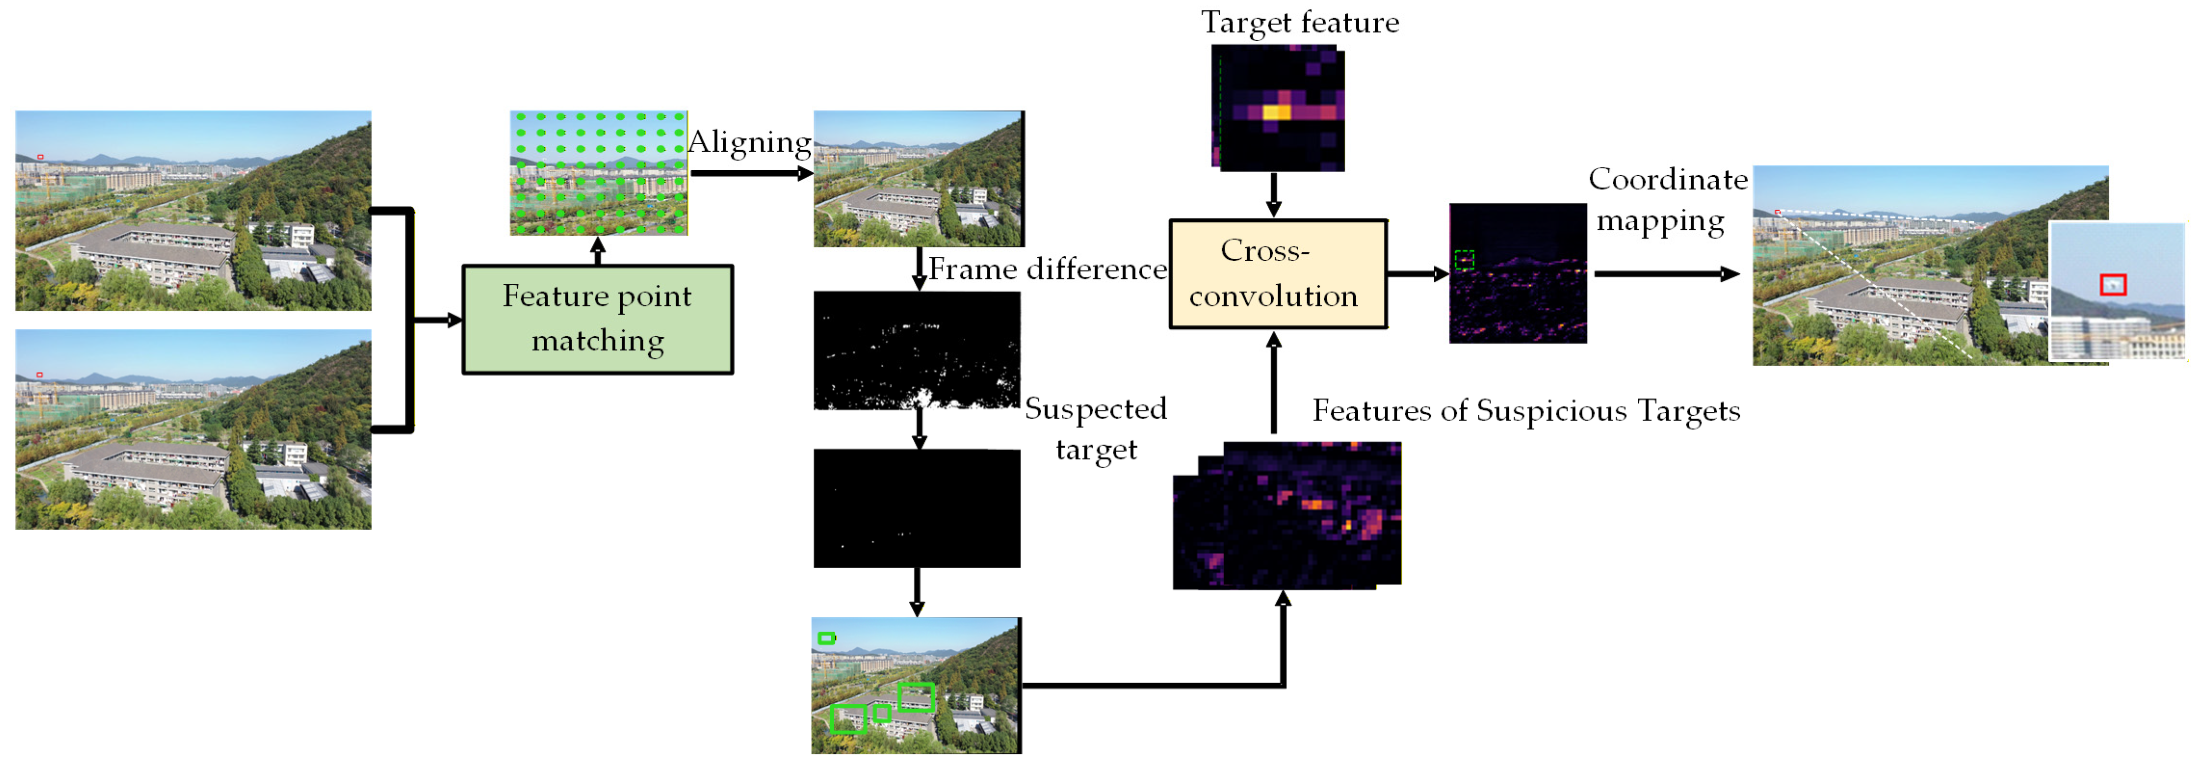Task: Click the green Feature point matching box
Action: pyautogui.click(x=597, y=319)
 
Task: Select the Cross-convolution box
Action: pyautogui.click(x=1278, y=273)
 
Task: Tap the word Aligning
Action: pyautogui.click(x=750, y=142)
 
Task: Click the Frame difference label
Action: pyautogui.click(x=1047, y=269)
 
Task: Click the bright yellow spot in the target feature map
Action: pyautogui.click(x=1276, y=112)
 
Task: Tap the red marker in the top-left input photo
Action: pyautogui.click(x=40, y=157)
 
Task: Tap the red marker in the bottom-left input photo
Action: pyautogui.click(x=39, y=375)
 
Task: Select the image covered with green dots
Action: pyautogui.click(x=598, y=172)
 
